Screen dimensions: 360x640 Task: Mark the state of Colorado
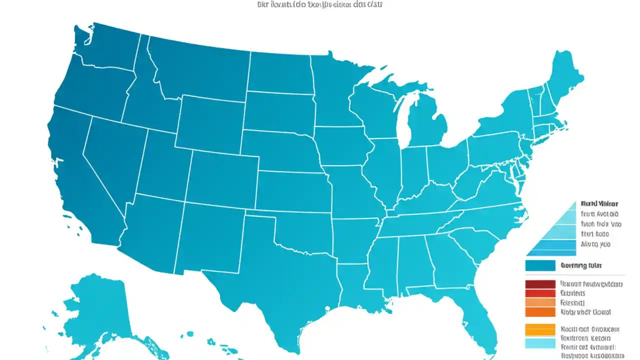tap(222, 175)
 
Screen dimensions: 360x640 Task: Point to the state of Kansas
tap(292, 190)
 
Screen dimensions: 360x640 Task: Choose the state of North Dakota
tap(280, 72)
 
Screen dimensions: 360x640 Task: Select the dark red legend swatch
tap(540, 284)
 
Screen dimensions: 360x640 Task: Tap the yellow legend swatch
tap(540, 329)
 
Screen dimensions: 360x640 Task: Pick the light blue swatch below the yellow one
tap(540, 343)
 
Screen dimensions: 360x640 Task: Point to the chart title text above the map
tap(320, 4)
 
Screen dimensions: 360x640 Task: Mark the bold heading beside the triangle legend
tap(599, 204)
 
